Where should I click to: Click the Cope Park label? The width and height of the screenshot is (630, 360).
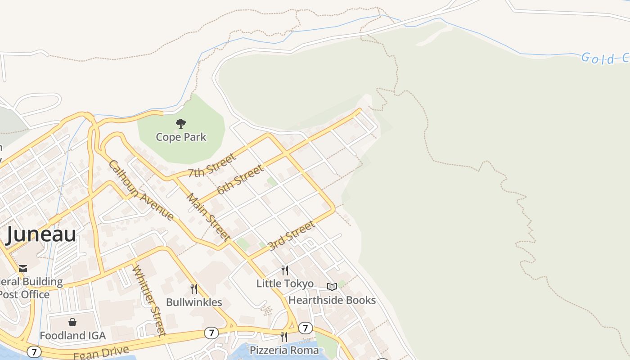pos(181,137)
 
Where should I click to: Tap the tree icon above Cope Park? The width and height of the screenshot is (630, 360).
pos(181,123)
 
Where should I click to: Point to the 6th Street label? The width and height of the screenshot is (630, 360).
pos(240,180)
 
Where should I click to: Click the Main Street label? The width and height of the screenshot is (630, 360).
pos(208,217)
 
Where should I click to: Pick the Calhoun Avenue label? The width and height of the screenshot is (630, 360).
pos(141,190)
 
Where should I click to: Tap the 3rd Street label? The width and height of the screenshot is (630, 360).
pos(291,236)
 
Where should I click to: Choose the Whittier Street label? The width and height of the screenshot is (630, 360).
pos(148,300)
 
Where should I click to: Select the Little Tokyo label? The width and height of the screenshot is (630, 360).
pos(285,283)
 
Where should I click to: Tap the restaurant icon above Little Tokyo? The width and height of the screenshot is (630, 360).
pos(285,270)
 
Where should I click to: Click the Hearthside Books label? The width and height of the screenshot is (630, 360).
pos(332,300)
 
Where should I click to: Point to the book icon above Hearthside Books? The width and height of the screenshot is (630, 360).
pos(332,287)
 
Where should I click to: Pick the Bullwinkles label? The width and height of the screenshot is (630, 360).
pos(194,302)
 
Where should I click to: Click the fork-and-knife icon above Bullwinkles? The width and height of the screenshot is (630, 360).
pos(194,288)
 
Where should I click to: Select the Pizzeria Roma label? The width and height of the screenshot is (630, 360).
pos(284,350)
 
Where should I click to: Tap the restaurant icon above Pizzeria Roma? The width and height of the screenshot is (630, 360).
pos(284,337)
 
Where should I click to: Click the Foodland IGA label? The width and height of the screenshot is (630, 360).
pos(72,336)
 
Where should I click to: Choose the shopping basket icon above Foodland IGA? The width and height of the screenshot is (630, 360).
pos(72,322)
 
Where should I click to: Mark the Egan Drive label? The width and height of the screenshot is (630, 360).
pos(101,352)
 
